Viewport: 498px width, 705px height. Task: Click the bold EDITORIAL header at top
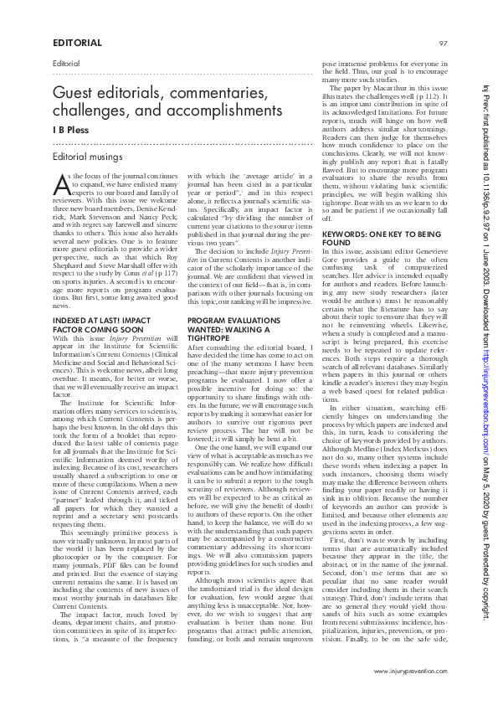pos(78,42)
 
